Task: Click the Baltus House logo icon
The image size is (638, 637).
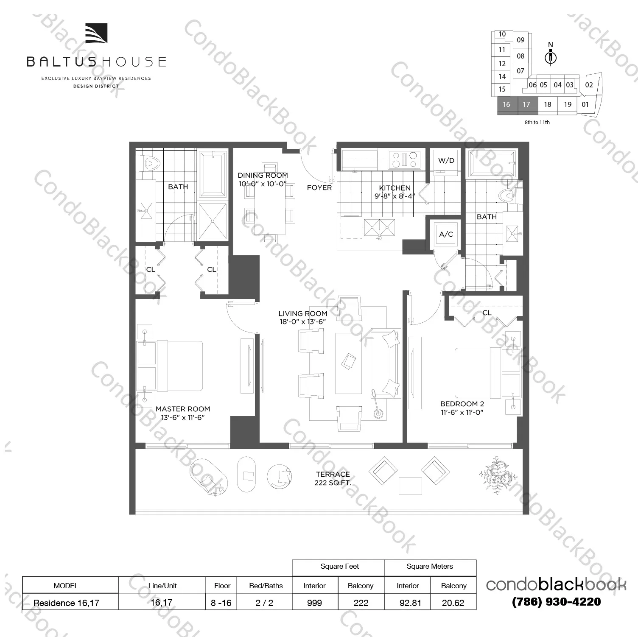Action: tap(96, 34)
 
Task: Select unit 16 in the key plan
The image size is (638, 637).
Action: tap(506, 105)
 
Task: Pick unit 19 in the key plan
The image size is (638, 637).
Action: tap(568, 105)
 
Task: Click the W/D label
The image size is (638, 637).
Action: tap(446, 160)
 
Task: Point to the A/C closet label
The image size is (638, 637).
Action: tap(446, 234)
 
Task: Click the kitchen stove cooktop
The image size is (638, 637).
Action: tap(404, 160)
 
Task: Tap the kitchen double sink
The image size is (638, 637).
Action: tap(379, 227)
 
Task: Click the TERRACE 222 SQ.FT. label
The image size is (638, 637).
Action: tap(333, 478)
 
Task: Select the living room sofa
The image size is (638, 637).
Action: tap(386, 363)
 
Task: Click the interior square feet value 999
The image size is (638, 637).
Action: tap(314, 603)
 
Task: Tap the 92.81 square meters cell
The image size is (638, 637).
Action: tap(410, 603)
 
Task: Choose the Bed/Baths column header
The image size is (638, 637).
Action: tap(266, 586)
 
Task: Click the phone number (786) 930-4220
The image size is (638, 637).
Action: tap(556, 602)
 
